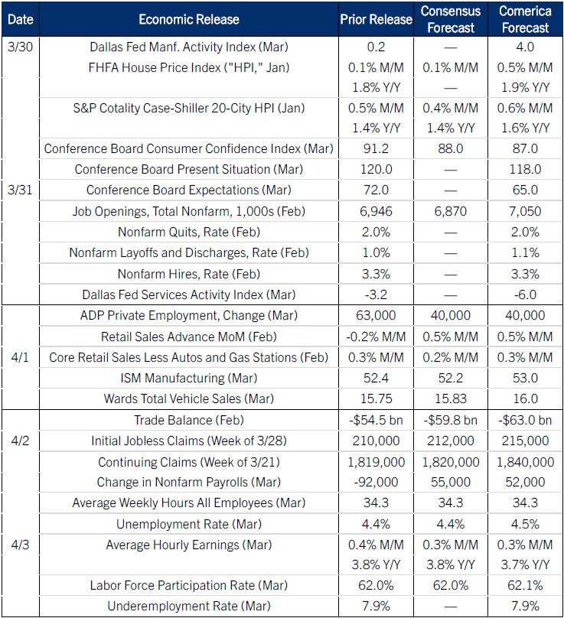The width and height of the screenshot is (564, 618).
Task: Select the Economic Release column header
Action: [x=189, y=20]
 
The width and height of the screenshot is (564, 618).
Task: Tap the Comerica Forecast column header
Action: [x=524, y=20]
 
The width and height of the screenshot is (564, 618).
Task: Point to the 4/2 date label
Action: [x=17, y=441]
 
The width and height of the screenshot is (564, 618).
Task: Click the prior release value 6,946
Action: [x=375, y=211]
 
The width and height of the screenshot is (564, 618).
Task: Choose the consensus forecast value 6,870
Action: [x=451, y=211]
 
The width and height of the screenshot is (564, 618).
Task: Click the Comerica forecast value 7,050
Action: [x=524, y=211]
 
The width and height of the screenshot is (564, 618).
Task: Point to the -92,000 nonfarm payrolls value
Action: [x=375, y=482]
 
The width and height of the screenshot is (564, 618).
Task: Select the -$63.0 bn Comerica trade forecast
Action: [x=524, y=420]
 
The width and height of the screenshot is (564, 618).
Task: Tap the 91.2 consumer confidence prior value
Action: [x=375, y=148]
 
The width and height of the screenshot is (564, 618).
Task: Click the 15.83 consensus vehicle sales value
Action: [x=451, y=398]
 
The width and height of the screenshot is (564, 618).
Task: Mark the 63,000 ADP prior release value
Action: [x=375, y=315]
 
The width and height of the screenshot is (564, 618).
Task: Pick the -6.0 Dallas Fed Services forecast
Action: [x=524, y=294]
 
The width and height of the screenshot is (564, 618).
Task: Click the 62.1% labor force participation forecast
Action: [x=524, y=586]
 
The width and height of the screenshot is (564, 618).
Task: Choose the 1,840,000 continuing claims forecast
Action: [x=524, y=462]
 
